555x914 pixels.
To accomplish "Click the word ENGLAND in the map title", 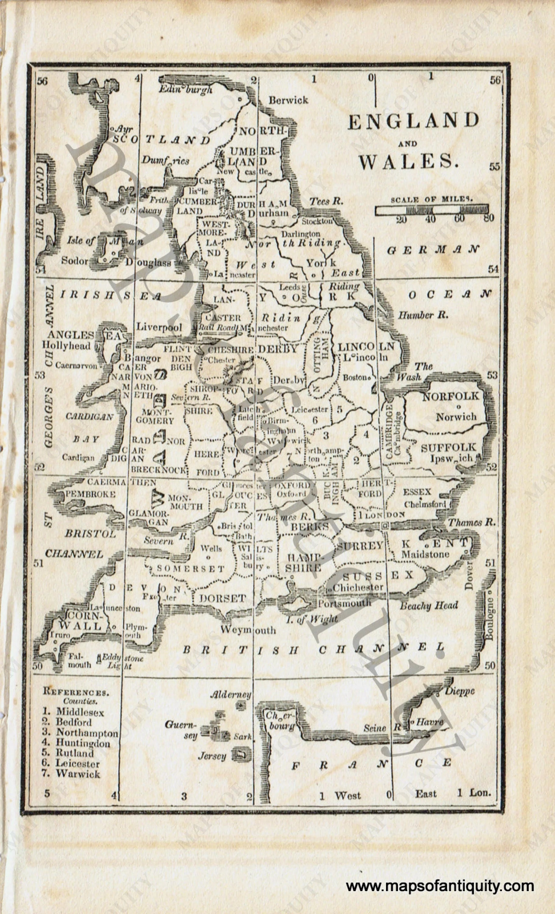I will click(413, 121).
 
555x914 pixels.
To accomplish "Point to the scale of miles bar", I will click(431, 210).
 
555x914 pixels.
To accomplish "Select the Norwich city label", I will click(456, 417).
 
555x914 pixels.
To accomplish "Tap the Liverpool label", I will click(159, 327).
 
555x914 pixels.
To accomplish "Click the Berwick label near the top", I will click(288, 100).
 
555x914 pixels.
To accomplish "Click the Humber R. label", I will click(423, 315).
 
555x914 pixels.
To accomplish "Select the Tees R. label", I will click(326, 201).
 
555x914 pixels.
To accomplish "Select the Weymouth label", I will click(248, 630).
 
